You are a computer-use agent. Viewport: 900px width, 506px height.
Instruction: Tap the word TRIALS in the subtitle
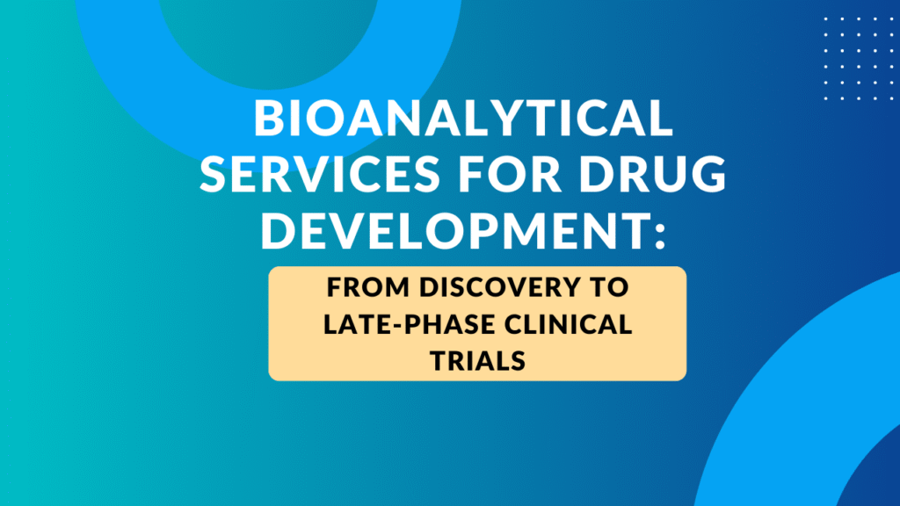click(477, 359)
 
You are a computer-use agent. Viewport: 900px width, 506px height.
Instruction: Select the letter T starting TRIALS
click(436, 359)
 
